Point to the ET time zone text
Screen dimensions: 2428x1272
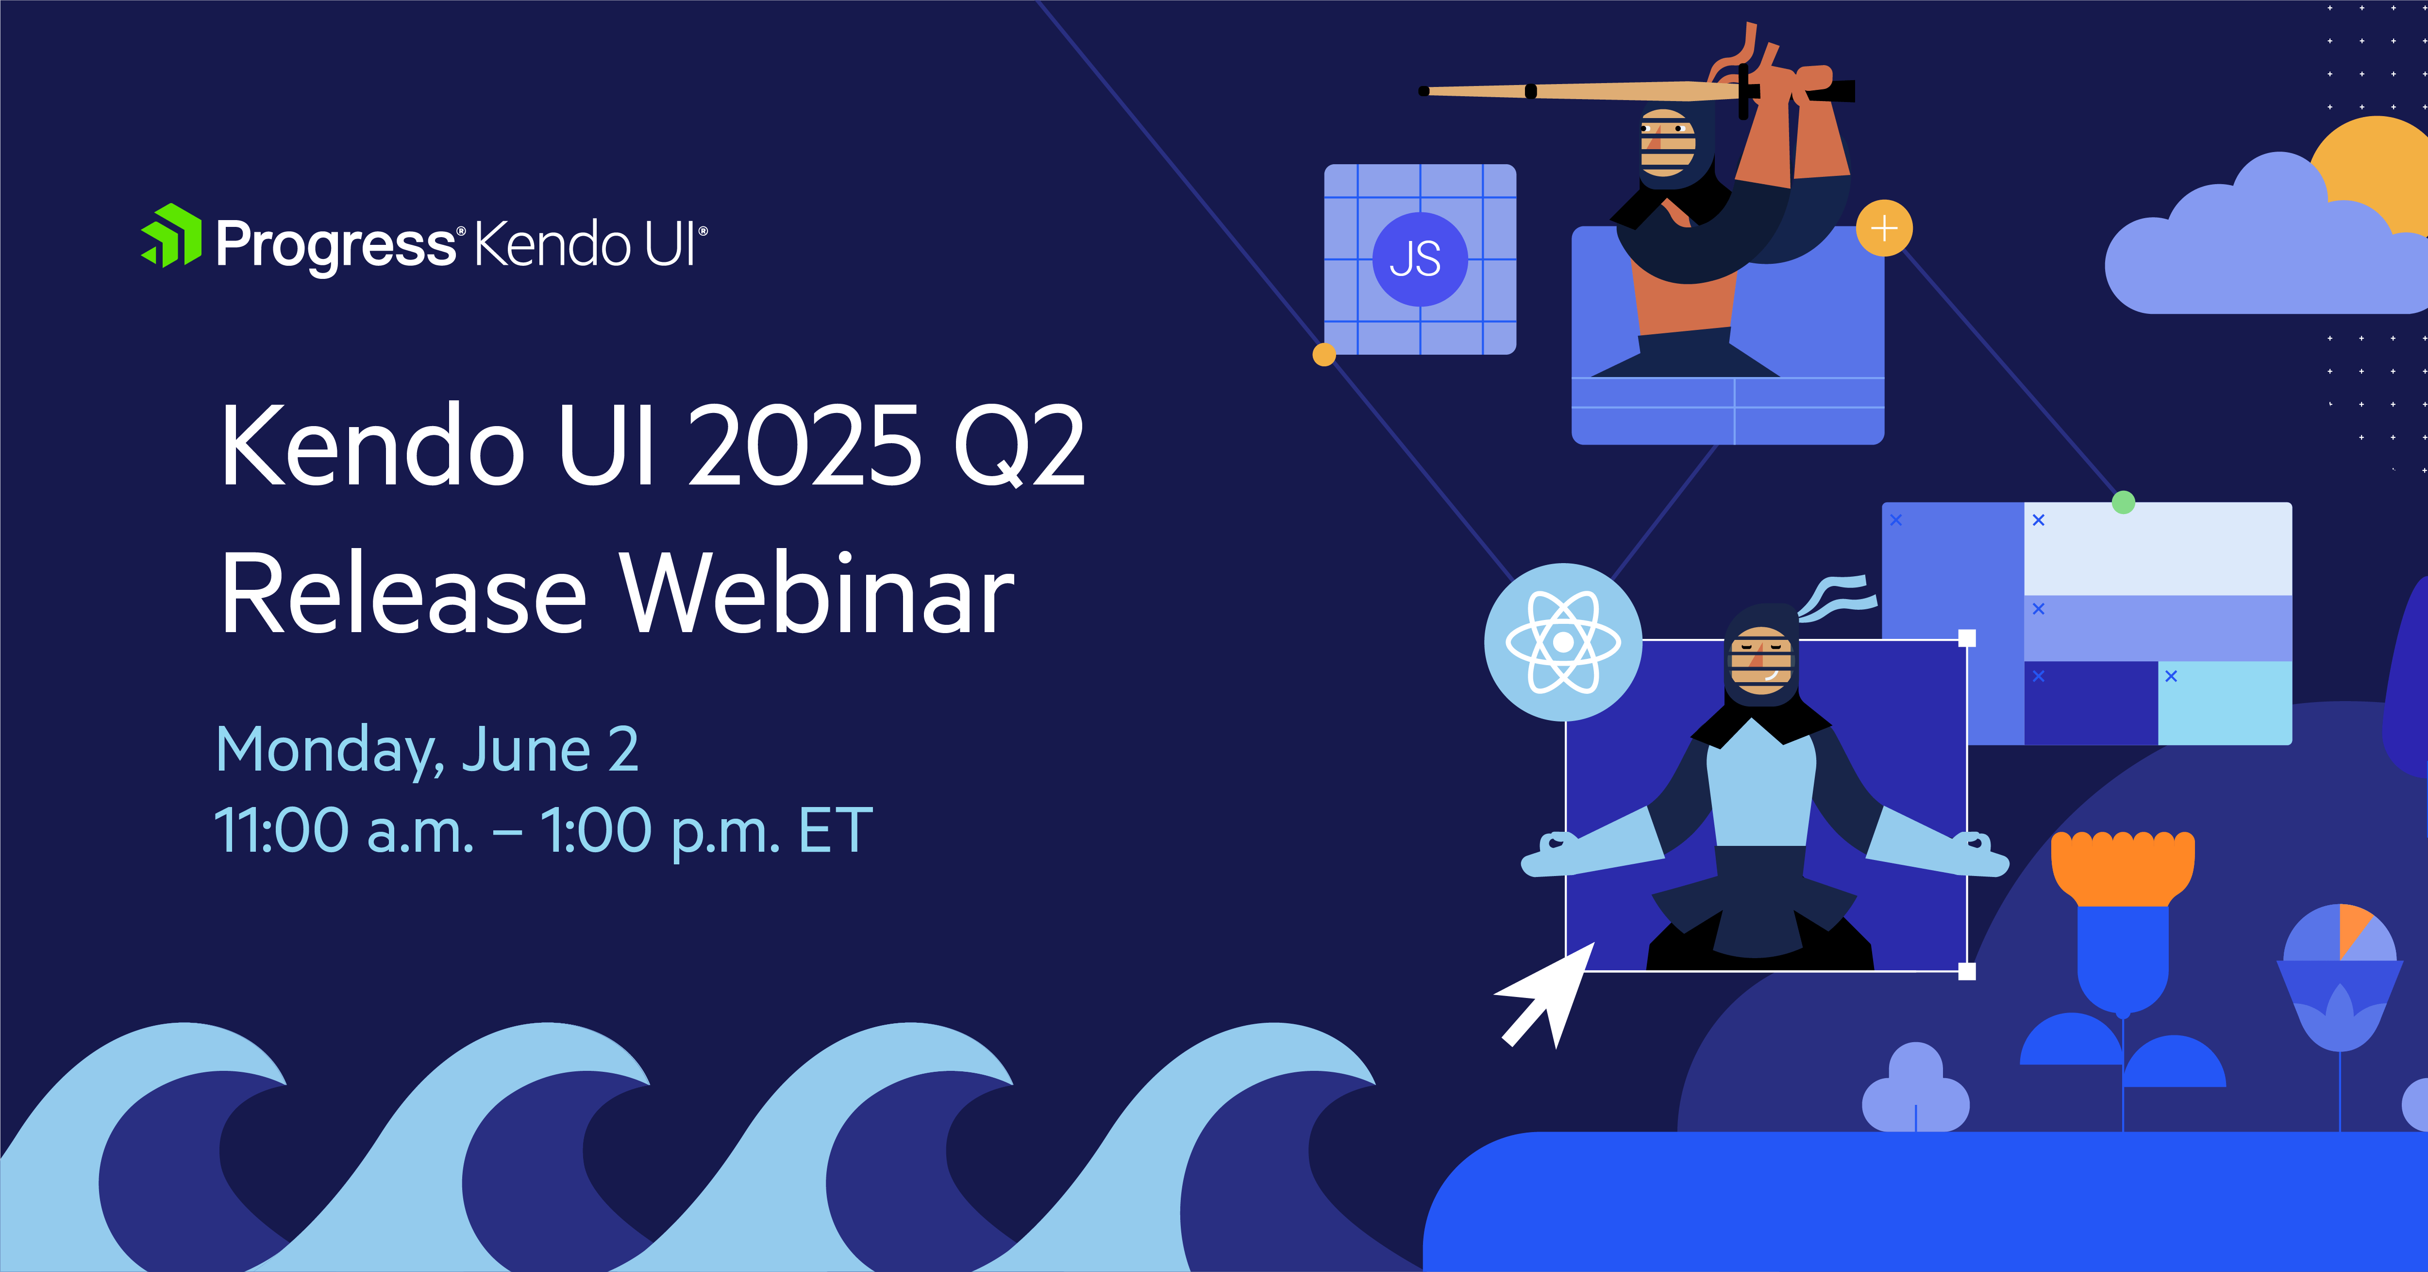[835, 831]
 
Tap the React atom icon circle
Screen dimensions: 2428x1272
[1563, 642]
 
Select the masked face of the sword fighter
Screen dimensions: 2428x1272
[1666, 143]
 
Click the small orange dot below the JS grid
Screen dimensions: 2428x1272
[1324, 355]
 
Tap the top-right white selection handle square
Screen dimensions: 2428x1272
[1967, 638]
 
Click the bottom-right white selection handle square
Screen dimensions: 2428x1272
[1967, 971]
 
